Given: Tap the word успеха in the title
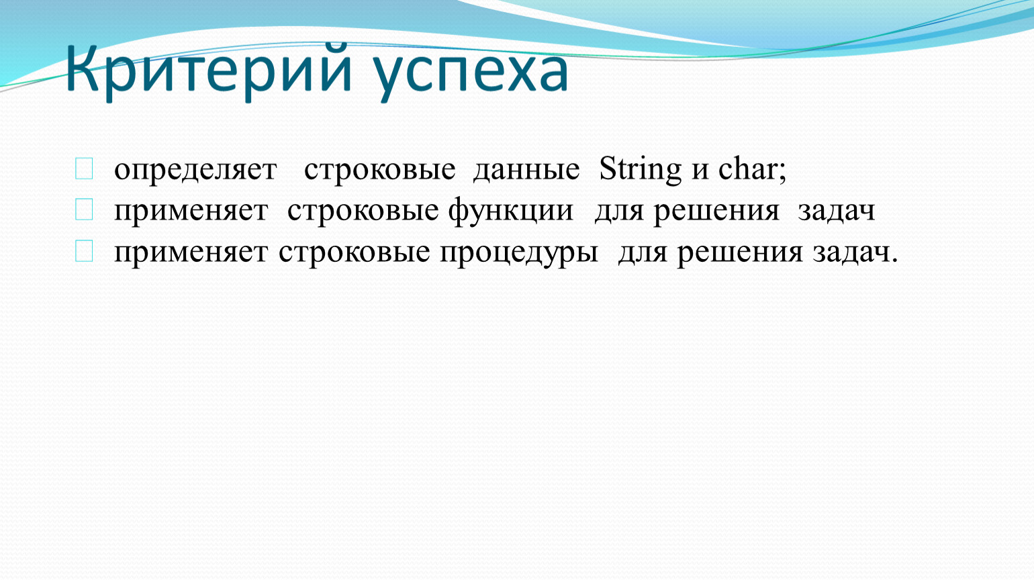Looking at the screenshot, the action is (471, 74).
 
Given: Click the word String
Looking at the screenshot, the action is (640, 169).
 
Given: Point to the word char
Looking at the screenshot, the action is (747, 168).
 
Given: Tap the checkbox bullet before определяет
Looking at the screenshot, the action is (84, 168).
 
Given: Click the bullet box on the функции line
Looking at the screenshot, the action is (84, 209).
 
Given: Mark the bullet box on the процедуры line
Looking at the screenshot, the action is (84, 251).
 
